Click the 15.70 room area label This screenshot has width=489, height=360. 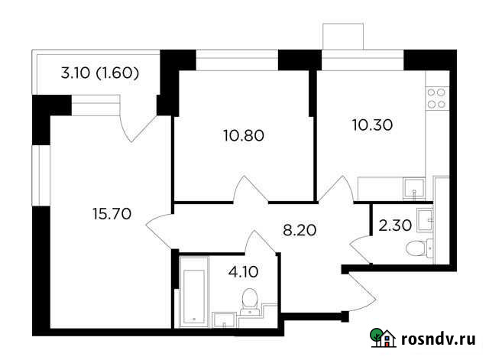(x=111, y=214)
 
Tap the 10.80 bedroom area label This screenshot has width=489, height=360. (x=243, y=136)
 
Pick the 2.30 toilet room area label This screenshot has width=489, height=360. (x=394, y=225)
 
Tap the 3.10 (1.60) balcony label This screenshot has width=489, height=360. (x=99, y=74)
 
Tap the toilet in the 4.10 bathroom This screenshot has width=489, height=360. (x=248, y=300)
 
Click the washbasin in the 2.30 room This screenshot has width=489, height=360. (x=429, y=218)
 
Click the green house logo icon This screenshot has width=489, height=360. (x=383, y=338)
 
